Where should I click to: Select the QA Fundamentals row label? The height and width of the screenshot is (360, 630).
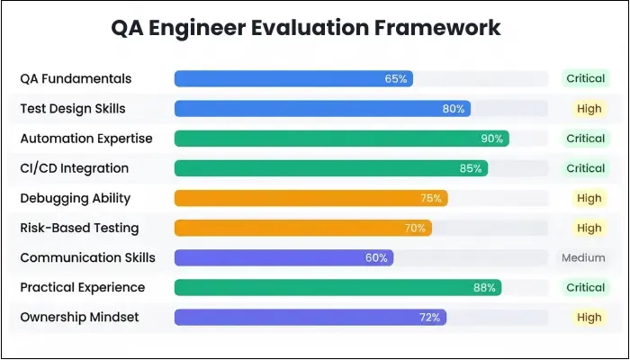76,79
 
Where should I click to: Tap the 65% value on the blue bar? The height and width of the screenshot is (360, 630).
396,79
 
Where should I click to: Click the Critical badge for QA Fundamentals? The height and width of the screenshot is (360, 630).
585,79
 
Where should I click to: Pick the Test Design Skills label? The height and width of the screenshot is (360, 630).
73,109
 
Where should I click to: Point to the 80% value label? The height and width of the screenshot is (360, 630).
454,109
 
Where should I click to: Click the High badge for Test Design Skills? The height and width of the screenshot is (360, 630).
589,109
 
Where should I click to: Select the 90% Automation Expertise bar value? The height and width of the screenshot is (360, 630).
492,139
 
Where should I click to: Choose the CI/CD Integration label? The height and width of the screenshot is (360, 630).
75,168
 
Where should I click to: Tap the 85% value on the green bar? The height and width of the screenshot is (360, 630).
471,168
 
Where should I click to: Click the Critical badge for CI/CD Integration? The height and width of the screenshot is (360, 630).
585,168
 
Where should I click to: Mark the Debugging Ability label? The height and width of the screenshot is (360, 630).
75,198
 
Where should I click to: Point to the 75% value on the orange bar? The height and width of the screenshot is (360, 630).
431,198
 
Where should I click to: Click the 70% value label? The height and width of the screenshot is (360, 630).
415,228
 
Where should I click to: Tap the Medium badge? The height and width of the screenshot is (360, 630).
583,257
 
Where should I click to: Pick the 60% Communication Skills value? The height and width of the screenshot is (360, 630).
376,257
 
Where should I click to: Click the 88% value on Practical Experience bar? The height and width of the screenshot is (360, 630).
484,287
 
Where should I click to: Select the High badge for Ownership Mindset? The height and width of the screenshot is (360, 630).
589,317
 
